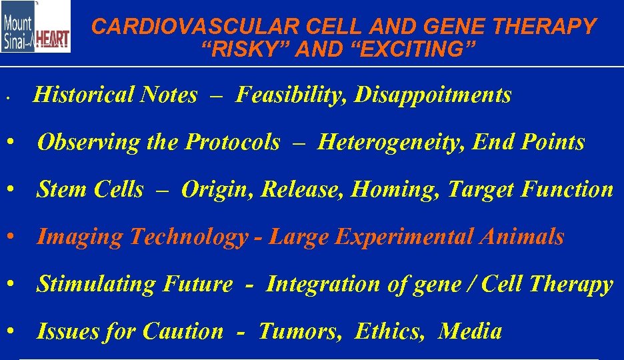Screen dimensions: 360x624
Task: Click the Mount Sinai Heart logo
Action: point(35,27)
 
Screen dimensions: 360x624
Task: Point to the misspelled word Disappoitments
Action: point(433,95)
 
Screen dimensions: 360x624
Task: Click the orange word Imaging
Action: point(81,237)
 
